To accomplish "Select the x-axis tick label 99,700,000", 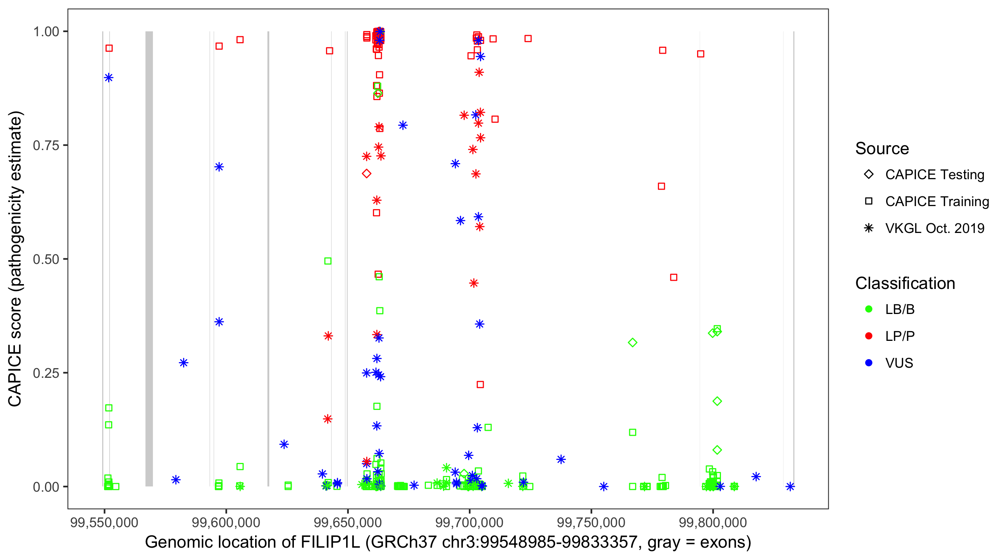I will [x=469, y=522].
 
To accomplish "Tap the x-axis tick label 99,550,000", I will [x=104, y=522].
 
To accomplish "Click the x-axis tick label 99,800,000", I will [x=713, y=522].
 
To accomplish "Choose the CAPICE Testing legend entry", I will [x=934, y=175].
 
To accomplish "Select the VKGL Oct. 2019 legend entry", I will [x=934, y=228].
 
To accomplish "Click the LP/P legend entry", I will [x=900, y=336].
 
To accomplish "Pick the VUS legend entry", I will [x=899, y=363].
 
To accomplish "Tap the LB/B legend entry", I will [x=900, y=309].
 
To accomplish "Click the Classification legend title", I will [x=905, y=283].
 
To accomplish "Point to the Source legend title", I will [x=882, y=149].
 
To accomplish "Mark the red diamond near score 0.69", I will [x=366, y=173].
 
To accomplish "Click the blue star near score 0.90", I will [x=109, y=78].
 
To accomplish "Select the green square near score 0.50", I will [x=327, y=261].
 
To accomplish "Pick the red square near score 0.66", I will [x=661, y=186].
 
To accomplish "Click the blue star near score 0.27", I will [x=183, y=363].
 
